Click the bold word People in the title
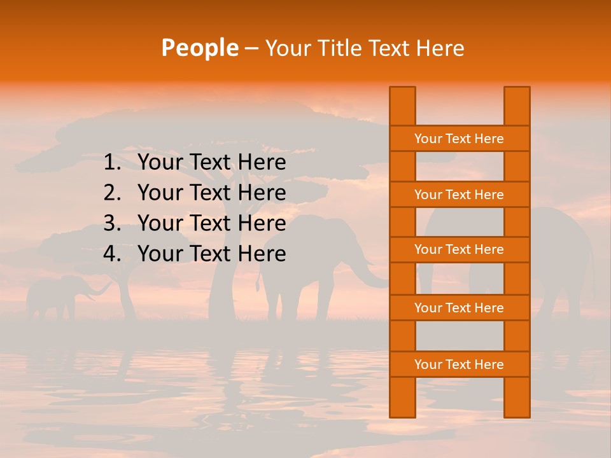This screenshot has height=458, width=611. point(199,48)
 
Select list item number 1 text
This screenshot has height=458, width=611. point(211,163)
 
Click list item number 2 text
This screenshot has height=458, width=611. point(211,193)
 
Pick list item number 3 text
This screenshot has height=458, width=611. point(211,223)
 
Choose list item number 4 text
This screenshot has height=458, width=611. point(211,254)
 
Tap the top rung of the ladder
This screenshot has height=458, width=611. point(459,139)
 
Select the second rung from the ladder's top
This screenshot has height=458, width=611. point(459,195)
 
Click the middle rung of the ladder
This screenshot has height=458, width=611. point(459,250)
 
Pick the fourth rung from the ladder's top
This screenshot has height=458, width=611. point(459,308)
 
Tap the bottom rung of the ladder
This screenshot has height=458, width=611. point(459,364)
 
